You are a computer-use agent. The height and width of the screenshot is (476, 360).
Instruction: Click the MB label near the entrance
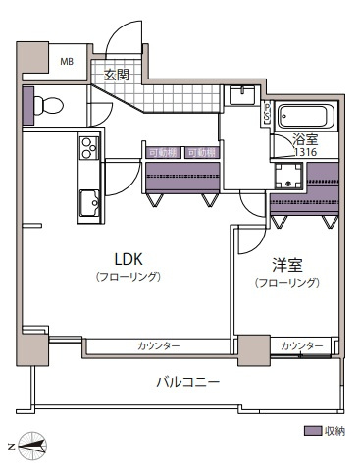(x=67, y=62)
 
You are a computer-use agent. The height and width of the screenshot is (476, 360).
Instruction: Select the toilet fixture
(x=51, y=104)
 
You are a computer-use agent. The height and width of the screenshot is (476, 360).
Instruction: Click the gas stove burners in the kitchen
(x=89, y=149)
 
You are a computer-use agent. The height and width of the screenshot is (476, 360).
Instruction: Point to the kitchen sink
(x=89, y=203)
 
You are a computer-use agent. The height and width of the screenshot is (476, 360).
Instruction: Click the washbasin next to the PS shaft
(x=242, y=95)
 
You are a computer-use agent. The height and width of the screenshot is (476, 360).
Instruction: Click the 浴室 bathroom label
(x=306, y=139)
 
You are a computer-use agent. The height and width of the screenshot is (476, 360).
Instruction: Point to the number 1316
(x=306, y=151)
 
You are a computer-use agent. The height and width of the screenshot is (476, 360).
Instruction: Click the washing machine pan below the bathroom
(x=288, y=178)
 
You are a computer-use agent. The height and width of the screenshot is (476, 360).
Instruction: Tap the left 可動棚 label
(x=163, y=153)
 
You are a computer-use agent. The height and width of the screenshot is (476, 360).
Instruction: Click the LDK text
(x=129, y=260)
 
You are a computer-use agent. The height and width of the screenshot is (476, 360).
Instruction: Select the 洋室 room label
(x=285, y=265)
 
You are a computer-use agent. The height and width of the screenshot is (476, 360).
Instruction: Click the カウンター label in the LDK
(x=158, y=346)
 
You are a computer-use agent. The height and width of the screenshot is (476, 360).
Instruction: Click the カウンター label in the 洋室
(x=301, y=346)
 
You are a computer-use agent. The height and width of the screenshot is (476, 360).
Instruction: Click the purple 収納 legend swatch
(x=312, y=431)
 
